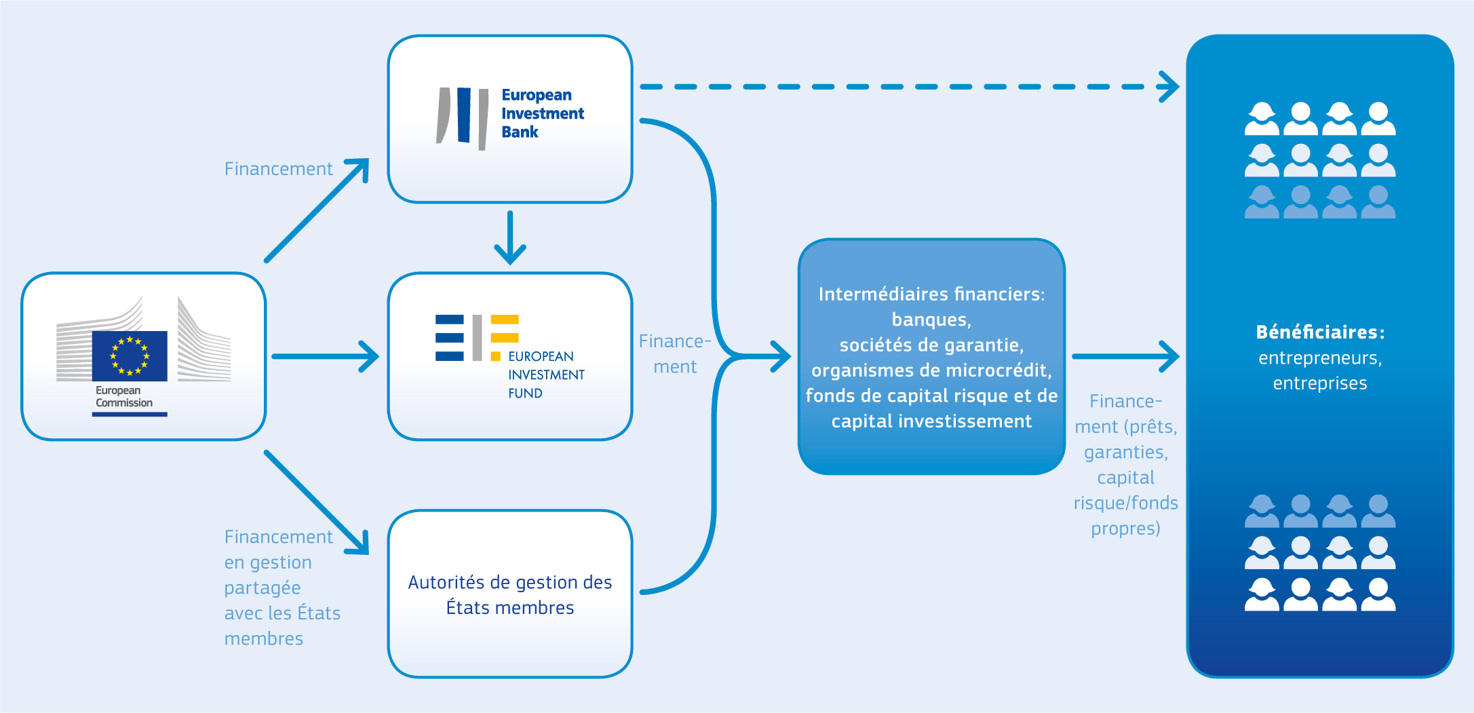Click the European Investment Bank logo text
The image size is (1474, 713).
[x=542, y=113]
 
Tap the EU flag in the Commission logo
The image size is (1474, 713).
[x=130, y=355]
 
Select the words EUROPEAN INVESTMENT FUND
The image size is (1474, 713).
[x=545, y=374]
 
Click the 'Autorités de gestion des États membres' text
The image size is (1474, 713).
[x=510, y=595]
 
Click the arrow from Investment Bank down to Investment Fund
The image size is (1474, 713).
[x=510, y=237]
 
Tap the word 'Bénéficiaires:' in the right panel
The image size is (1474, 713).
[x=1320, y=332]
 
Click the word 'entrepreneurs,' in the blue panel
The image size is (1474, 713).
[x=1320, y=358]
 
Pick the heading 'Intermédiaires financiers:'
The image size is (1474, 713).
[x=931, y=294]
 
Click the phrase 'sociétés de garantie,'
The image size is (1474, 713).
[x=931, y=345]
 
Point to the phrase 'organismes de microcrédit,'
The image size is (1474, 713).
[x=931, y=370]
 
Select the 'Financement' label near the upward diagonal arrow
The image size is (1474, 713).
[x=278, y=169]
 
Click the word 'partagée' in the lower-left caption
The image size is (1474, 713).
[x=263, y=587]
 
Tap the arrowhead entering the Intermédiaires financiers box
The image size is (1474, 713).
[x=781, y=356]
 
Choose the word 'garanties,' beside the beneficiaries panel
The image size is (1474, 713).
[x=1125, y=452]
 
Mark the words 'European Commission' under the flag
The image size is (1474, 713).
[x=123, y=397]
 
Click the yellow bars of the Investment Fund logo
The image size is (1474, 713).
[x=504, y=328]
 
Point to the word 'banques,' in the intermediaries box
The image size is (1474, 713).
[x=931, y=320]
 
